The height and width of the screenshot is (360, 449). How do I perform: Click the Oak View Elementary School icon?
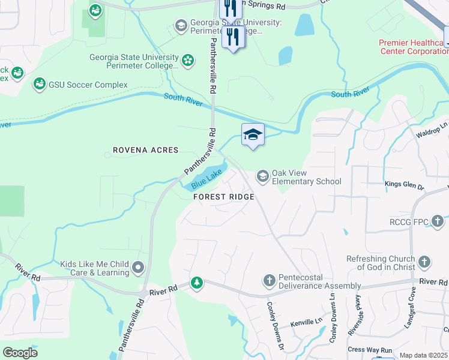pos(262,176)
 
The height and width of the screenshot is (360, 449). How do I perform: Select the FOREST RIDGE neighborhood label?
pos(223,197)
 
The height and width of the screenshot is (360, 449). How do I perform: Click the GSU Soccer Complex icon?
pos(40,84)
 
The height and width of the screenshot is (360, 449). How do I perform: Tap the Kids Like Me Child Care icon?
pos(139,267)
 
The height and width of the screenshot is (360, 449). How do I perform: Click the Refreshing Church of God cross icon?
pos(424,262)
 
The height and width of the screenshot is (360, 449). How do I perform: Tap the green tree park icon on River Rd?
pos(197,282)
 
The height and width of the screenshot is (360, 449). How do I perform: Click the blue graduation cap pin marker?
pos(253,134)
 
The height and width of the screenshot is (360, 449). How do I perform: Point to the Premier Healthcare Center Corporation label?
pos(413,47)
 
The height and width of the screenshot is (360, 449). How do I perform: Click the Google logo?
pos(20,353)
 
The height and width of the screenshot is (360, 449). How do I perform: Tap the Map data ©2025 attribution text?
pos(423,355)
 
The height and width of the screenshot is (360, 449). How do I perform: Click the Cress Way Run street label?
pos(369,350)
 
